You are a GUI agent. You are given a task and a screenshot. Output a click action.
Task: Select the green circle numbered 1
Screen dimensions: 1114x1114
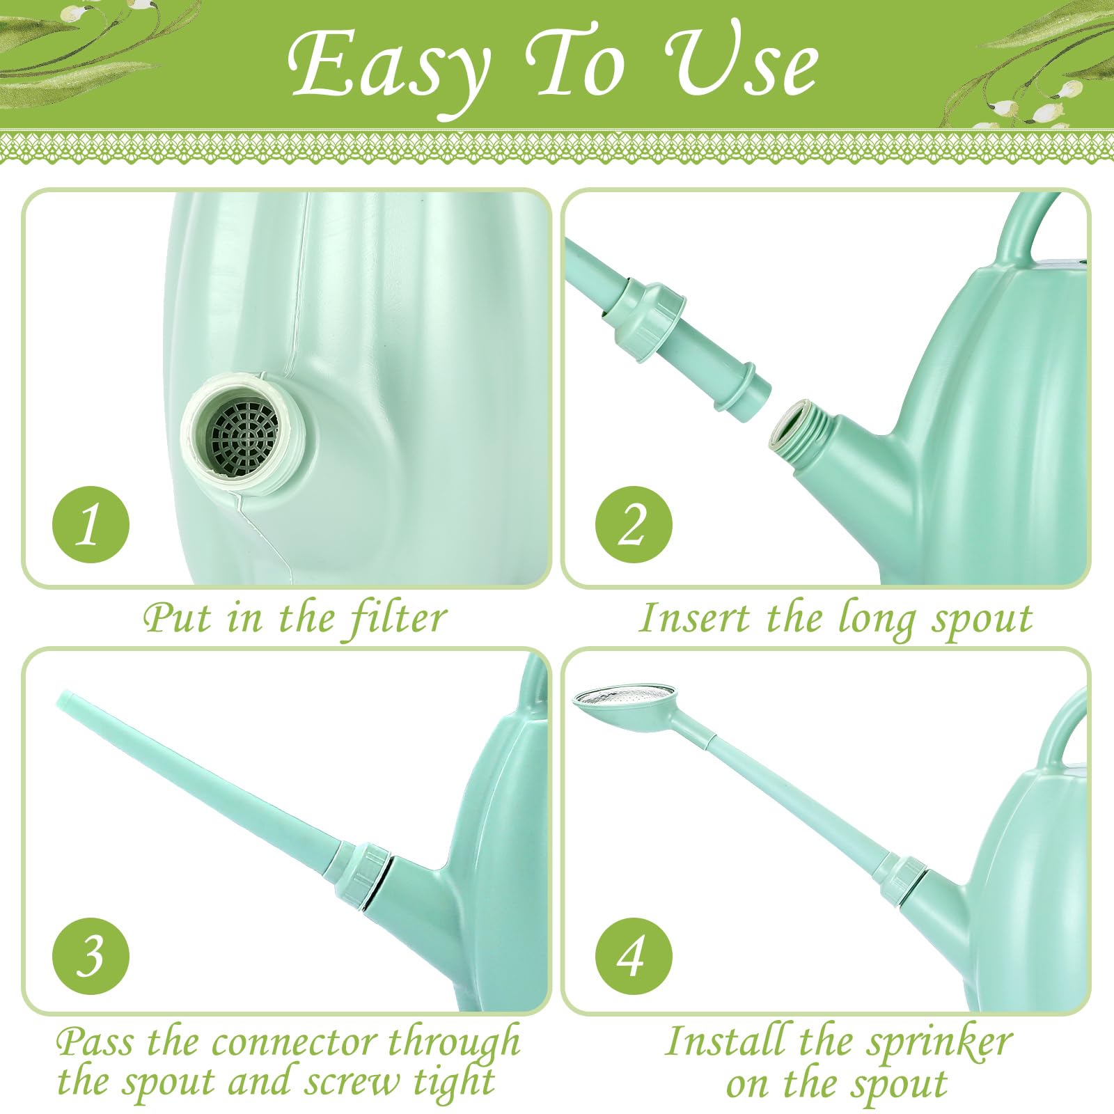(91, 524)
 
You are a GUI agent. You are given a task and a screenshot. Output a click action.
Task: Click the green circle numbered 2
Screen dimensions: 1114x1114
(634, 524)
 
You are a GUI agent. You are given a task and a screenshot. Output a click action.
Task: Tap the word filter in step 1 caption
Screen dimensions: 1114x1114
(398, 618)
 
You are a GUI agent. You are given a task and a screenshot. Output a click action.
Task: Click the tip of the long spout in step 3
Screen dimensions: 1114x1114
(65, 700)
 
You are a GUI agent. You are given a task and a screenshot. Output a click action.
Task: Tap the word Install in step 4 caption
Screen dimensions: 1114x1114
(728, 1042)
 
